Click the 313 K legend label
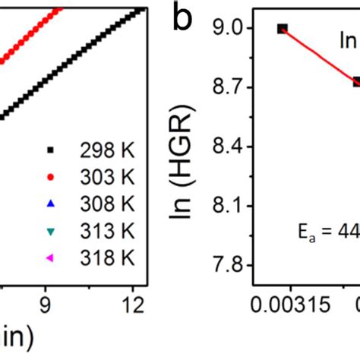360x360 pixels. tap(106, 231)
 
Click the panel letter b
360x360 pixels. tap(182, 20)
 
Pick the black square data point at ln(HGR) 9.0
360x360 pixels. tap(282, 29)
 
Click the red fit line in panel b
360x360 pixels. tap(319, 55)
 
